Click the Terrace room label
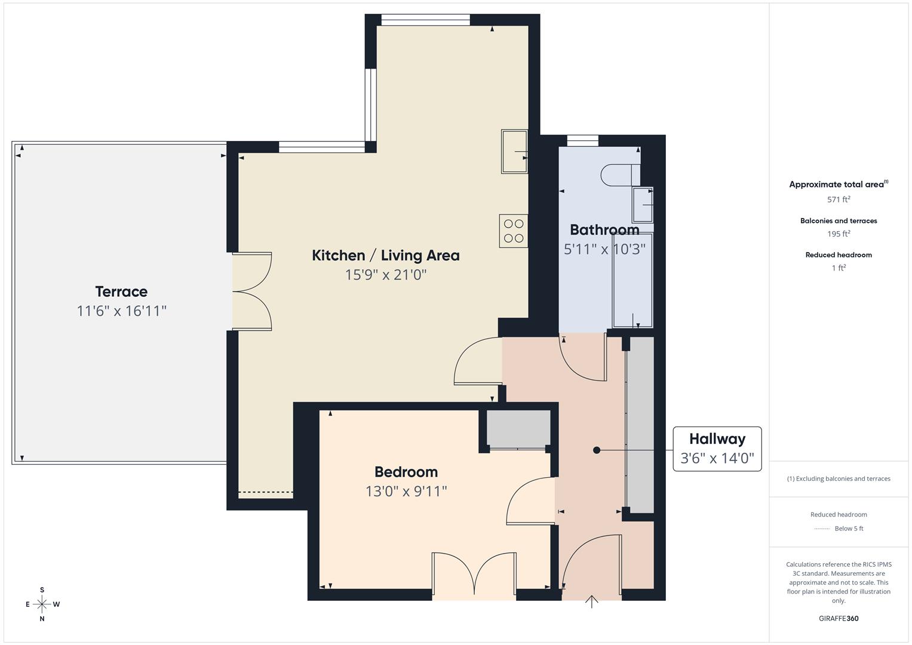[x=121, y=291]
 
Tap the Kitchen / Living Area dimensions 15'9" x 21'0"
[x=386, y=275]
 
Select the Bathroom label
[x=604, y=230]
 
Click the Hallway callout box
[x=717, y=449]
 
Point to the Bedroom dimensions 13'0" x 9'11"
[x=406, y=491]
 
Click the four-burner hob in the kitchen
[x=514, y=231]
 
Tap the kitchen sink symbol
[x=514, y=152]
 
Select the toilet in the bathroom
[x=619, y=174]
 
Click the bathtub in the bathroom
[x=632, y=279]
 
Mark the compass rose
[x=42, y=604]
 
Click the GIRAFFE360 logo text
[x=839, y=618]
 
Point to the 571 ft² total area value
[x=839, y=199]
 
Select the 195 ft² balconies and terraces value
[x=839, y=234]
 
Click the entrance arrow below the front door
[x=591, y=601]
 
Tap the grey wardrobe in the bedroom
[x=518, y=428]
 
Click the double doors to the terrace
[x=252, y=291]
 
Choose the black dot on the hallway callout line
[x=597, y=450]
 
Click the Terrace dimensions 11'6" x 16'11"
[x=121, y=311]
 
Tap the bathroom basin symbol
[x=643, y=205]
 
